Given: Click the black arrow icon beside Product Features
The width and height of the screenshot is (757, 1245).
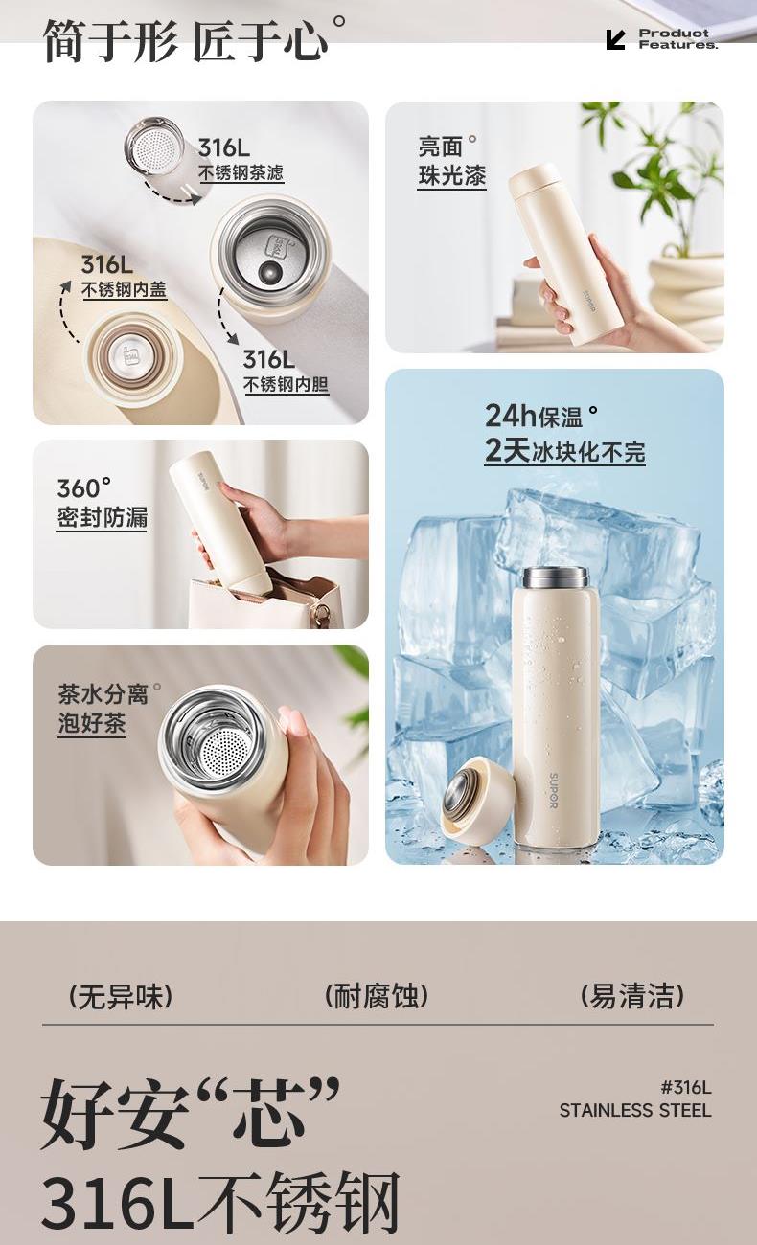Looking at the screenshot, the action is click(x=615, y=39).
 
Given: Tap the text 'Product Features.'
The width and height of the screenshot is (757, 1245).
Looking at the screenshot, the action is click(x=678, y=39).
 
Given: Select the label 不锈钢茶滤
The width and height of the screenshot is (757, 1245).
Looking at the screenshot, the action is click(x=241, y=172).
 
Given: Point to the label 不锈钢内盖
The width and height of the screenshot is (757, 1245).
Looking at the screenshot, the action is click(x=124, y=289).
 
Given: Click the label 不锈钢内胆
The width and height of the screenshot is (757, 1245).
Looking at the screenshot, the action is click(x=286, y=385).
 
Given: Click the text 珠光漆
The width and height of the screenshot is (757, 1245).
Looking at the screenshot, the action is click(x=451, y=175).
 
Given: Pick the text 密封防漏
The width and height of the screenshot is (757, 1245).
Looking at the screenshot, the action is click(x=102, y=517).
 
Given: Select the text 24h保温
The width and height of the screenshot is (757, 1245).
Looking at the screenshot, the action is click(x=535, y=417).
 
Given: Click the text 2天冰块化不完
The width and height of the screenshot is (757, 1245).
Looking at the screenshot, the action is click(x=565, y=451).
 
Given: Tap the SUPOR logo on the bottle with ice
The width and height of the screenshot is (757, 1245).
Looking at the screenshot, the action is click(x=554, y=790).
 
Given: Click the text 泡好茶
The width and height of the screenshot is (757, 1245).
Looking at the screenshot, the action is click(x=92, y=724).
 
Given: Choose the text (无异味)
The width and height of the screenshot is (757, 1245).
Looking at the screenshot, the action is click(x=121, y=997).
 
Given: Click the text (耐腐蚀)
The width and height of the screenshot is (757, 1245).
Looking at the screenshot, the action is click(x=377, y=996).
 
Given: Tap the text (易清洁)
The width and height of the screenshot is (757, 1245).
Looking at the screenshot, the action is click(x=632, y=996).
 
